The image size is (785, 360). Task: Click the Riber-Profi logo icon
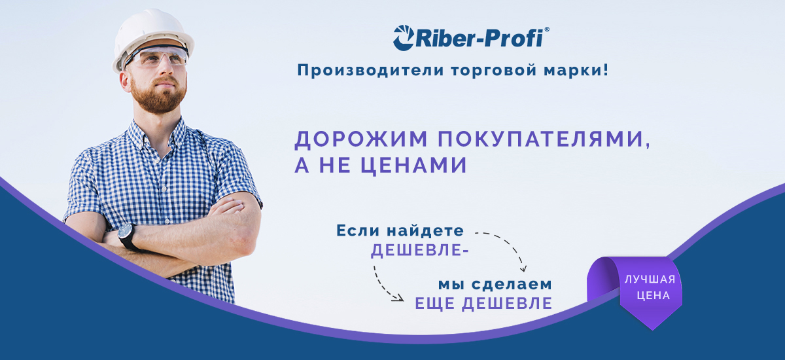point(404,38)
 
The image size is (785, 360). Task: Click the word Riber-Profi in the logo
point(480,38)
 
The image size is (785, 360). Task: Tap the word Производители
point(371,70)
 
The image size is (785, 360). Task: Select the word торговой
point(494,71)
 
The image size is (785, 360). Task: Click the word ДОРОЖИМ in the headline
point(360,139)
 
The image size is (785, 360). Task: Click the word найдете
point(425,230)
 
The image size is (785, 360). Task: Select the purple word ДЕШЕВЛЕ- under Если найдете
point(420,250)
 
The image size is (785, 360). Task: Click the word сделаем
point(512,284)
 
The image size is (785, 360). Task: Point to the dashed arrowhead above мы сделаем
point(523,268)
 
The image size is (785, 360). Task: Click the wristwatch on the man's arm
point(127,235)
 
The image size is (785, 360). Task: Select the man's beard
point(158,95)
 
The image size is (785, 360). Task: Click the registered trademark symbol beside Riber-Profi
point(547,30)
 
